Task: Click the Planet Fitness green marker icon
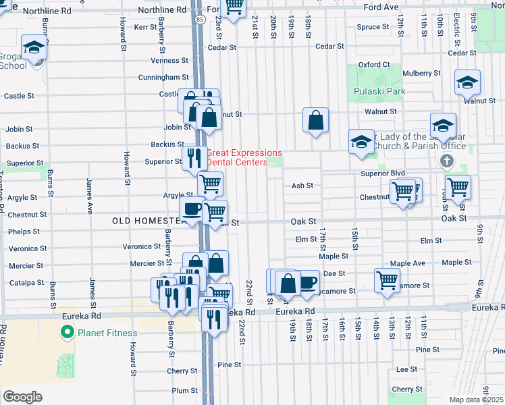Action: point(67,332)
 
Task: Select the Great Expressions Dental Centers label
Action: point(244,157)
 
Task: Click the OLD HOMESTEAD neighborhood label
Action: point(145,221)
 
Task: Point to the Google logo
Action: point(22,396)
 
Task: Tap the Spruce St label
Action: point(373,27)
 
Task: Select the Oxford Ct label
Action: point(374,65)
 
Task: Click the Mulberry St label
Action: point(421,73)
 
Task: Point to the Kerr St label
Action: point(145,27)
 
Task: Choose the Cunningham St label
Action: point(164,78)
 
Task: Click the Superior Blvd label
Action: point(382,173)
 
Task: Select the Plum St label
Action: point(184,390)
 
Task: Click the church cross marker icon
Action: point(445,161)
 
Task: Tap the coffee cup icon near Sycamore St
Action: point(308,281)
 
